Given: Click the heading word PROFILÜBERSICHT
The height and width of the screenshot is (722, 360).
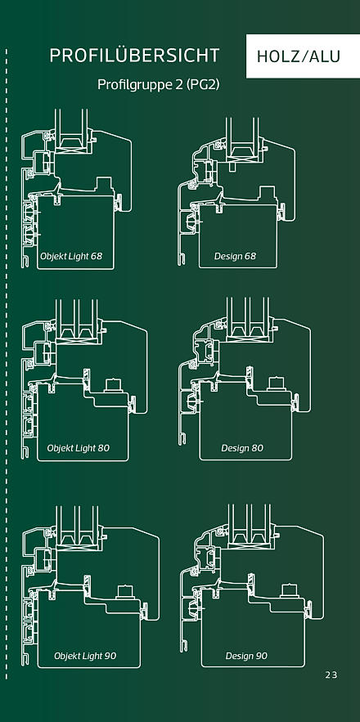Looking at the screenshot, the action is pyautogui.click(x=134, y=56).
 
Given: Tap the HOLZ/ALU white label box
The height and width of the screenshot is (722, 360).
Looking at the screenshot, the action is pyautogui.click(x=303, y=56).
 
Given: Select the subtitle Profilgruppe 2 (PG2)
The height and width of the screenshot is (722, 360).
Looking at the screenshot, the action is pyautogui.click(x=158, y=85).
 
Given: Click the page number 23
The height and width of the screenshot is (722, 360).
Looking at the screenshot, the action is pyautogui.click(x=331, y=675).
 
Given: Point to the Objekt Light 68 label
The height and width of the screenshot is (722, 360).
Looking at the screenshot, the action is pyautogui.click(x=71, y=256).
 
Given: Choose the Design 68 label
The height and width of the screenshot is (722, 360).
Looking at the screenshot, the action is pyautogui.click(x=235, y=256).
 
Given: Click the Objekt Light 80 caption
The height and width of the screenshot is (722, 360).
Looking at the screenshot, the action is pyautogui.click(x=79, y=447).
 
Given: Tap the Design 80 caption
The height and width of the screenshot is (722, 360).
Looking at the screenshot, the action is pyautogui.click(x=242, y=447).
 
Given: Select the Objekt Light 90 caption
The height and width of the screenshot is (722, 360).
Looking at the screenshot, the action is pyautogui.click(x=85, y=655).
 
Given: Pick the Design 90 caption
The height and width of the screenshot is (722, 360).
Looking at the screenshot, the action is pyautogui.click(x=246, y=655).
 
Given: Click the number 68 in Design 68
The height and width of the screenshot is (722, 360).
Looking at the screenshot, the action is pyautogui.click(x=250, y=256).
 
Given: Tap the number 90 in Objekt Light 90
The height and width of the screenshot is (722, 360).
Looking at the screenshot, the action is pyautogui.click(x=110, y=655).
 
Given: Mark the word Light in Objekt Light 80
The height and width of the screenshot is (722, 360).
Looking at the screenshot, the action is pyautogui.click(x=85, y=448).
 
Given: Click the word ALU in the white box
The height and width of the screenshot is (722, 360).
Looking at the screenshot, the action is pyautogui.click(x=325, y=56).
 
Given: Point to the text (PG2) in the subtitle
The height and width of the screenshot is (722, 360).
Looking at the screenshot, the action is pyautogui.click(x=203, y=86).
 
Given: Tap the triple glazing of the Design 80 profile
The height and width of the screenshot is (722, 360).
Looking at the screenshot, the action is pyautogui.click(x=248, y=313).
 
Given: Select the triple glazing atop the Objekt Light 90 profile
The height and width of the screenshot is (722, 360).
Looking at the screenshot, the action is pyautogui.click(x=78, y=520).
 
